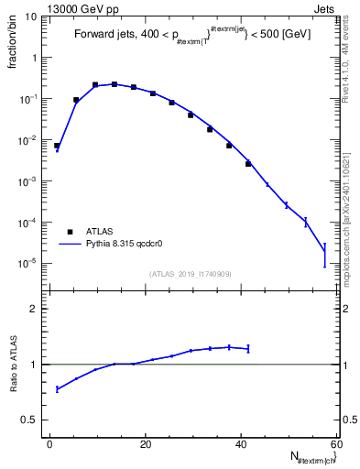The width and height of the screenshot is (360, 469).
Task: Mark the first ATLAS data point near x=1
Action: click(x=56, y=146)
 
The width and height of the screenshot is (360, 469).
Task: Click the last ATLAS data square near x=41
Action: click(x=247, y=164)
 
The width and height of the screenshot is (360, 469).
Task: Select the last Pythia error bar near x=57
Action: click(x=324, y=255)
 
